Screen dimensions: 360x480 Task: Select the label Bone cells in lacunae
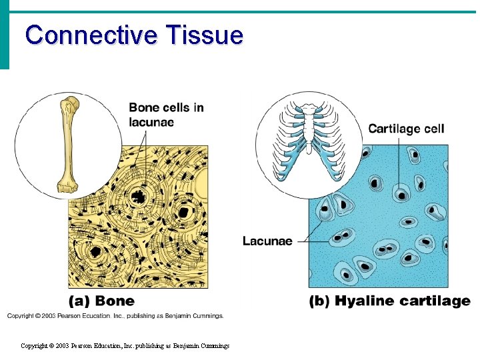[166, 114]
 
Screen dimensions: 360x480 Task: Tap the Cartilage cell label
[406, 129]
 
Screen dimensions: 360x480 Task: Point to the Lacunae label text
[267, 241]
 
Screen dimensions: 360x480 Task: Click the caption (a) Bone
[101, 301]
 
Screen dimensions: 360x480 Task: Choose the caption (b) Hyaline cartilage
[389, 301]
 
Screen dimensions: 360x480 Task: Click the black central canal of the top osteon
[139, 196]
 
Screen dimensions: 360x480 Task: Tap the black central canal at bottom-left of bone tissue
[95, 251]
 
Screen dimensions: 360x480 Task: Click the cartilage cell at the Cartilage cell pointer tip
[401, 195]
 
